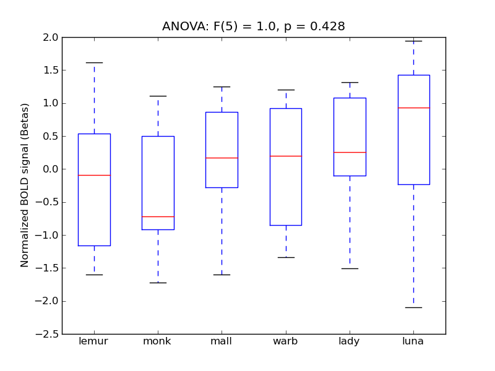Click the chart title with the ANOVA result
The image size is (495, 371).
click(254, 27)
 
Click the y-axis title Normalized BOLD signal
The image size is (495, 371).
click(25, 185)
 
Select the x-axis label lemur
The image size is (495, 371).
click(94, 341)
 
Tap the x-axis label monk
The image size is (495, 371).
click(157, 341)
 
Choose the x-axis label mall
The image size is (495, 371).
click(222, 341)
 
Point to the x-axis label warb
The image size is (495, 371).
click(285, 341)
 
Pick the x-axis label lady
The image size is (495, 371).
click(350, 341)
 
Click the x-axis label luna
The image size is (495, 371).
click(413, 341)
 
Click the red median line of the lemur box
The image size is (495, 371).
click(94, 175)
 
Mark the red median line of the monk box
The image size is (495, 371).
click(158, 216)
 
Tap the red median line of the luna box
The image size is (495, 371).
click(413, 108)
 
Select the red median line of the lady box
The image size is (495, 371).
click(350, 152)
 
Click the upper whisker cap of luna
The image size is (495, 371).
click(413, 41)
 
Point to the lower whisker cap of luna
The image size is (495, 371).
click(413, 307)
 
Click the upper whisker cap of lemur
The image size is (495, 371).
click(94, 62)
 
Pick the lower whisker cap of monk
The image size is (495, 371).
click(158, 283)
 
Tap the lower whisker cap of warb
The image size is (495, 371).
click(286, 257)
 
